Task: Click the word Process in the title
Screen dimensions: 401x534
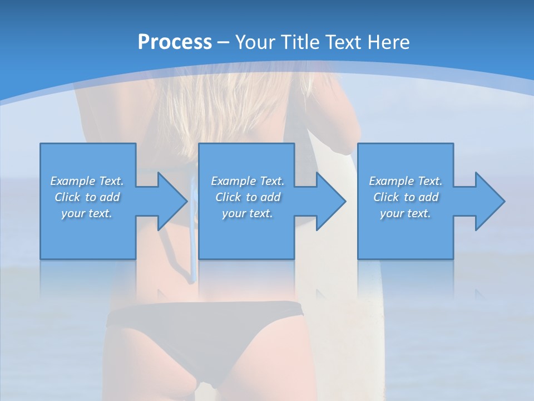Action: click(175, 42)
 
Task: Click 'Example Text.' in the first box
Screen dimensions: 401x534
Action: click(87, 181)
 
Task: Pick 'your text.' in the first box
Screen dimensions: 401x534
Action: click(87, 213)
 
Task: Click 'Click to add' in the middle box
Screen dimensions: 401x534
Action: click(248, 197)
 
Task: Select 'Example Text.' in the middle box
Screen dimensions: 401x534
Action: click(248, 181)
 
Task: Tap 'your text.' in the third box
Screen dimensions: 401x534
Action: click(406, 213)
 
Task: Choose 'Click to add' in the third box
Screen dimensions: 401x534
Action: click(406, 197)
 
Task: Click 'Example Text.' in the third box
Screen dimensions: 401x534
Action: click(406, 181)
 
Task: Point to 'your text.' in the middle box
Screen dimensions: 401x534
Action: click(248, 213)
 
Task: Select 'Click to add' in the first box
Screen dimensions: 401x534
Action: click(87, 197)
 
